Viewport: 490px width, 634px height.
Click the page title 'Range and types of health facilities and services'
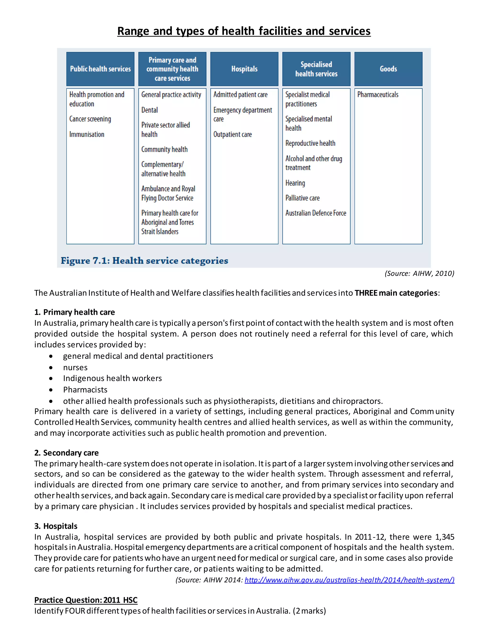pyautogui.click(x=244, y=31)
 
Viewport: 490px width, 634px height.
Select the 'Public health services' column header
pyautogui.click(x=100, y=69)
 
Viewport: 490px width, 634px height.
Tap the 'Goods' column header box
pyautogui.click(x=388, y=69)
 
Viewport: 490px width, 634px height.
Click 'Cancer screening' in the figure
pyautogui.click(x=90, y=119)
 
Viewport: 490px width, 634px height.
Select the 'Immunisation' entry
pyautogui.click(x=87, y=134)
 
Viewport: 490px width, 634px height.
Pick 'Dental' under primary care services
pyautogui.click(x=150, y=110)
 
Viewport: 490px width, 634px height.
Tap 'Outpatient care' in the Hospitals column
pyautogui.click(x=232, y=134)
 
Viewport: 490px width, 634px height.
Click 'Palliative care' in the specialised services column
pyautogui.click(x=302, y=198)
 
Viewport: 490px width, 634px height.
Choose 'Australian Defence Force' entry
pyautogui.click(x=316, y=213)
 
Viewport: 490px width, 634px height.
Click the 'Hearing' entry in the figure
pyautogui.click(x=295, y=183)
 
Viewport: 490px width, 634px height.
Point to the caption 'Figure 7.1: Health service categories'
pyautogui.click(x=144, y=261)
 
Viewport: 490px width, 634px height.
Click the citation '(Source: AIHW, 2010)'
pyautogui.click(x=419, y=273)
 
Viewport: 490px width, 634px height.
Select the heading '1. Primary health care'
pyautogui.click(x=75, y=312)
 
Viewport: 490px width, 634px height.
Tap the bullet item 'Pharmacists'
pyautogui.click(x=85, y=389)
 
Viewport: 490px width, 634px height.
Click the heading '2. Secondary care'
pyautogui.click(x=67, y=453)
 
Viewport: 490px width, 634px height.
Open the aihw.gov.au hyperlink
pyautogui.click(x=349, y=580)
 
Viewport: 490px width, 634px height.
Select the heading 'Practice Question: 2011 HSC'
pyautogui.click(x=86, y=600)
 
